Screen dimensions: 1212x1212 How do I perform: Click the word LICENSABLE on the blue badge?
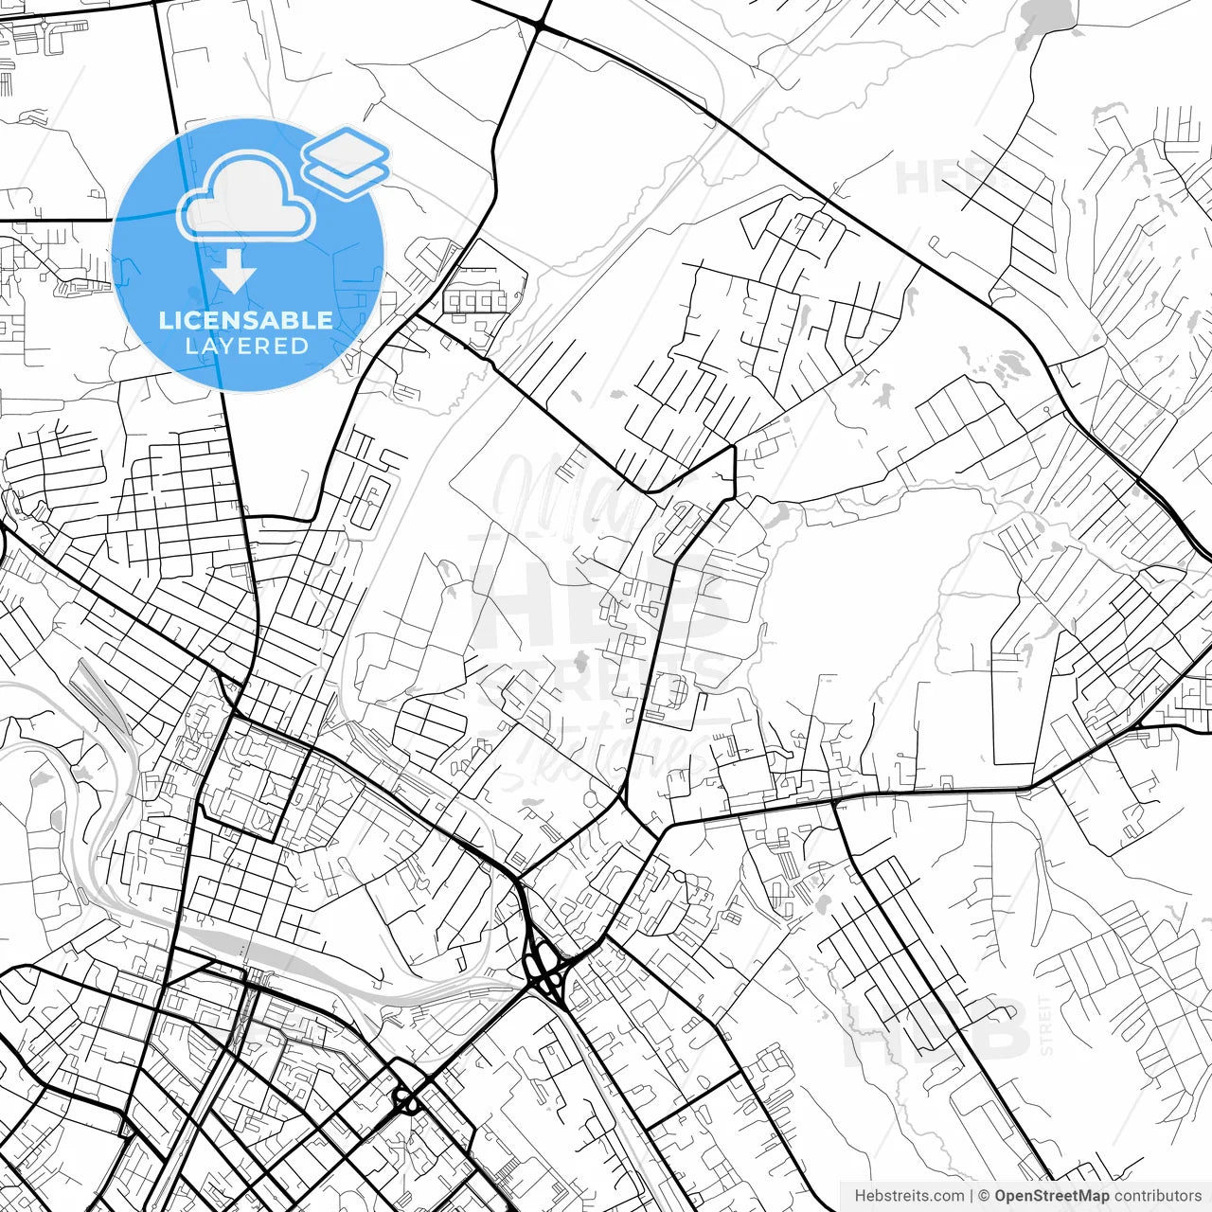pos(246,320)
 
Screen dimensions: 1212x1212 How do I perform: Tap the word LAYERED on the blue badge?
pos(246,346)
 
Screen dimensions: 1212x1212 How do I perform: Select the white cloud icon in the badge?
pos(246,197)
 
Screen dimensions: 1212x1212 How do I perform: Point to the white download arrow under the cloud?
pos(234,274)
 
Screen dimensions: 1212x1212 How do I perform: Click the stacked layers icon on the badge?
pos(347,162)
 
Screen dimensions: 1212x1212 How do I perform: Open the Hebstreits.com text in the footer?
pos(909,1196)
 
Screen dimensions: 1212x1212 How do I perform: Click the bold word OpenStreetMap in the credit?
pos(1051,1196)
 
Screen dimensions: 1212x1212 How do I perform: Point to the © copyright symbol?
pos(984,1196)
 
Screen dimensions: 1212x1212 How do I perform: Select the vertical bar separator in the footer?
pos(971,1196)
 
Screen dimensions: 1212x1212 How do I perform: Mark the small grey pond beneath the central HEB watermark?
pos(581,660)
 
